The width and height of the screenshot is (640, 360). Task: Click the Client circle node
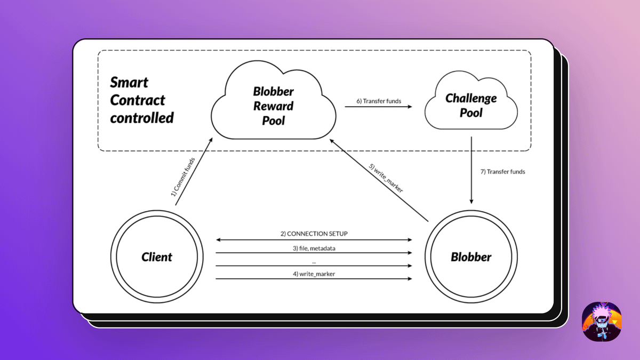[157, 257]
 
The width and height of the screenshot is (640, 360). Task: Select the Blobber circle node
[471, 257]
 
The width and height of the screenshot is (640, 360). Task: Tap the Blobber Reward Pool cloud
[273, 105]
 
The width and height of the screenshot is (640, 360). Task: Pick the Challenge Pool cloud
[471, 105]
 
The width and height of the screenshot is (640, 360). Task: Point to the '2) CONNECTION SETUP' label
[314, 234]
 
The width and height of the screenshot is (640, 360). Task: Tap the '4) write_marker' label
[314, 274]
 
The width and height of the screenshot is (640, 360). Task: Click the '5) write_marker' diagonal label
[387, 177]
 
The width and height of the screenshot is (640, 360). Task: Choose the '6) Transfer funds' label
[379, 101]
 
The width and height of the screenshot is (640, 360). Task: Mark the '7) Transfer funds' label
[503, 172]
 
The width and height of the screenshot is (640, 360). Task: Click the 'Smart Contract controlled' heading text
[142, 100]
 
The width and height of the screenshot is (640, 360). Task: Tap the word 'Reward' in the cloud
[273, 106]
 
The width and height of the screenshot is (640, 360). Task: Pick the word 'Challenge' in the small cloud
[471, 98]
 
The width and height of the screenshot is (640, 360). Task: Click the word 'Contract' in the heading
[138, 100]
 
